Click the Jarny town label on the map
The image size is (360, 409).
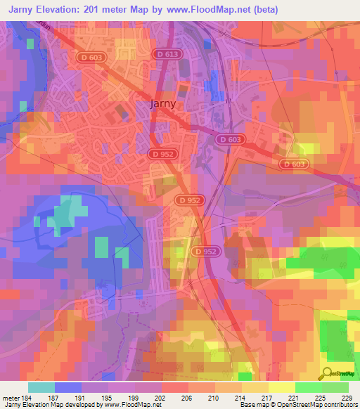coord(163,104)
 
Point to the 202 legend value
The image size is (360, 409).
coord(160,397)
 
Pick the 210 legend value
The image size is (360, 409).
coord(213,397)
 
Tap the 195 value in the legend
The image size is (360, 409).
coord(108,397)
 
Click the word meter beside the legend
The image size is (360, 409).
coord(11,397)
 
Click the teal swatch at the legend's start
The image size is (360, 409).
coord(41,387)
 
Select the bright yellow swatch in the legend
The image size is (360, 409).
coord(281,387)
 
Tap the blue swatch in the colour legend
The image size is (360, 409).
coord(67,387)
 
